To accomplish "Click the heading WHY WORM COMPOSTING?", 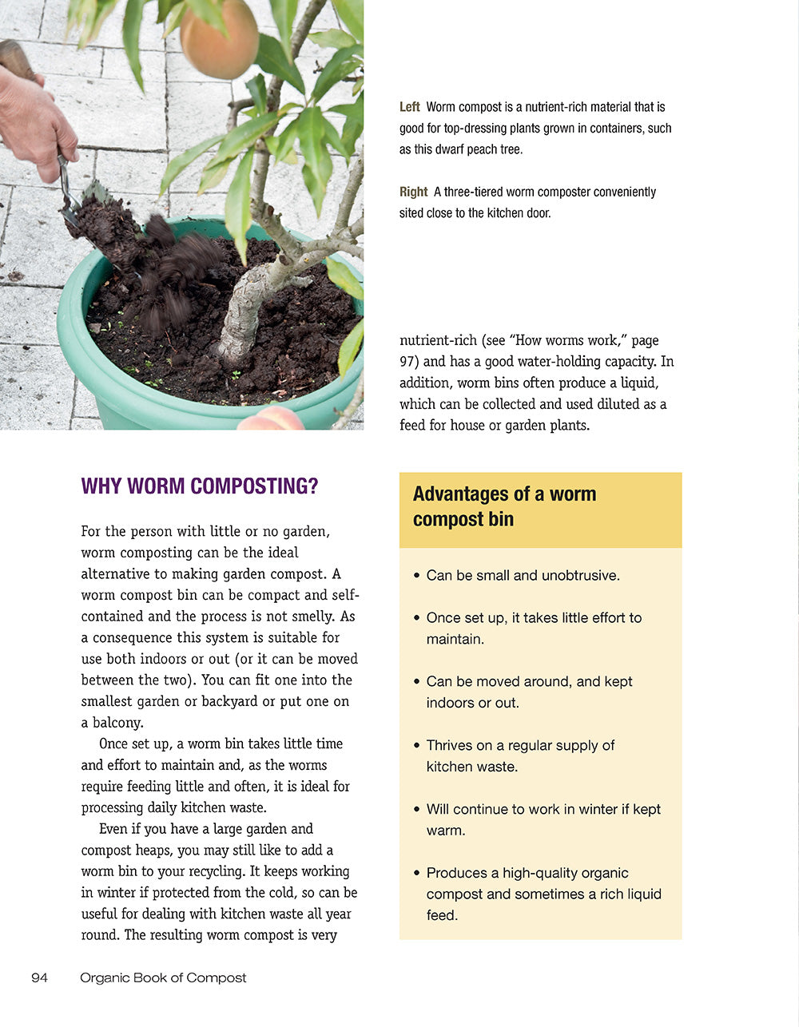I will pos(200,486).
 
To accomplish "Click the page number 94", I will pos(40,977).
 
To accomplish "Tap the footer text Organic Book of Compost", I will pos(163,977).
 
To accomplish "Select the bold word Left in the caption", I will pos(410,107).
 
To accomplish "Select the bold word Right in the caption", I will pos(414,192).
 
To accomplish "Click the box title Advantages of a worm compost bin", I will pos(504,506).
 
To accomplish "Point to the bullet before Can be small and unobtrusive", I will pos(417,576).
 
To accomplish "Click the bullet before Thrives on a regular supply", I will pos(417,746).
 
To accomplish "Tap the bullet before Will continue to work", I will pos(417,810).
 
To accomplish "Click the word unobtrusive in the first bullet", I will pos(579,576).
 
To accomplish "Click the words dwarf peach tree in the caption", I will pos(483,149).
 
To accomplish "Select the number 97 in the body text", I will pos(408,361).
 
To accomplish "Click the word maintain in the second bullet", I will pos(453,639).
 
